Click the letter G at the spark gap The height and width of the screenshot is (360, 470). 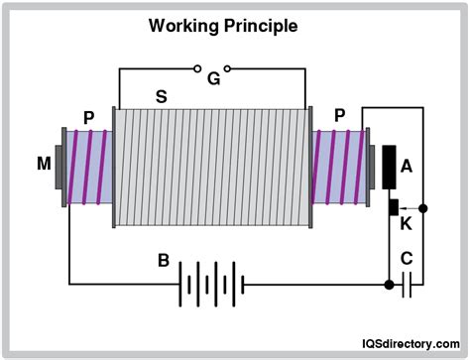[x=213, y=79]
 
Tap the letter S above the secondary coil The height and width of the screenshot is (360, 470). [x=160, y=97]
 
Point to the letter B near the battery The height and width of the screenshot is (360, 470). [x=163, y=262]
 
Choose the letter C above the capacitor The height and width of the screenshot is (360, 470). [x=406, y=260]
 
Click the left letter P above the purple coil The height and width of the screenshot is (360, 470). [x=89, y=117]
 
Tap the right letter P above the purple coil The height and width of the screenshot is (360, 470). [x=340, y=117]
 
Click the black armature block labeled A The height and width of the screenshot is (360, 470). [x=389, y=167]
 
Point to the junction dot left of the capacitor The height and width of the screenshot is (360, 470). [x=387, y=285]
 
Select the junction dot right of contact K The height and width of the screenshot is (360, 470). [x=423, y=208]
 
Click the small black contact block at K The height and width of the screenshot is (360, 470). [x=393, y=208]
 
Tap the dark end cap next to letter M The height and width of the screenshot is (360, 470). [x=59, y=164]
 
